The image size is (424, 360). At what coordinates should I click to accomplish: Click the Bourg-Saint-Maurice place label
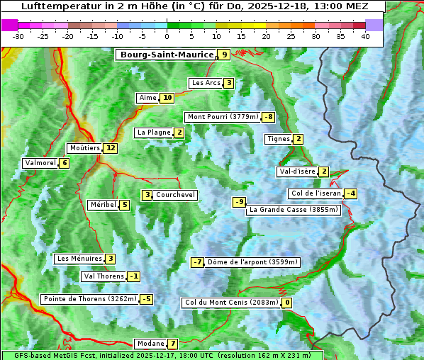click(x=167, y=55)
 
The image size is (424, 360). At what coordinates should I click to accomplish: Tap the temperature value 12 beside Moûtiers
click(x=110, y=148)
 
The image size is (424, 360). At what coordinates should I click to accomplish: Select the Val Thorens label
click(x=104, y=276)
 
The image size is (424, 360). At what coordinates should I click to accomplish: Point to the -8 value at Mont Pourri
click(x=268, y=117)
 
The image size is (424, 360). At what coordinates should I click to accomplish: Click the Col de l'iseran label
click(x=316, y=193)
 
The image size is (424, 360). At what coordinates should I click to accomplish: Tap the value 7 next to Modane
click(x=172, y=344)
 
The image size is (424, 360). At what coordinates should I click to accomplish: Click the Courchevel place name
click(x=175, y=195)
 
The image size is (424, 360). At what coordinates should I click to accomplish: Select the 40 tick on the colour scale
click(x=365, y=36)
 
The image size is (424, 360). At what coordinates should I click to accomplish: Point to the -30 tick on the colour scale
click(x=18, y=36)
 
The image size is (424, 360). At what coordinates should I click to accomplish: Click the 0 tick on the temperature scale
click(x=167, y=36)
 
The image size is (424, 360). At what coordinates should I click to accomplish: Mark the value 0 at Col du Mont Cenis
click(x=287, y=303)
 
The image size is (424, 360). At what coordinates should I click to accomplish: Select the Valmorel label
click(x=40, y=163)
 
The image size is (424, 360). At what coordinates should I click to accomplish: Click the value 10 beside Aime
click(x=167, y=98)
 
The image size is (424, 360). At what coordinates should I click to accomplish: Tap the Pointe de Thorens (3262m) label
click(x=89, y=299)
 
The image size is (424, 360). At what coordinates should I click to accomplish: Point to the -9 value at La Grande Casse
click(x=240, y=202)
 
